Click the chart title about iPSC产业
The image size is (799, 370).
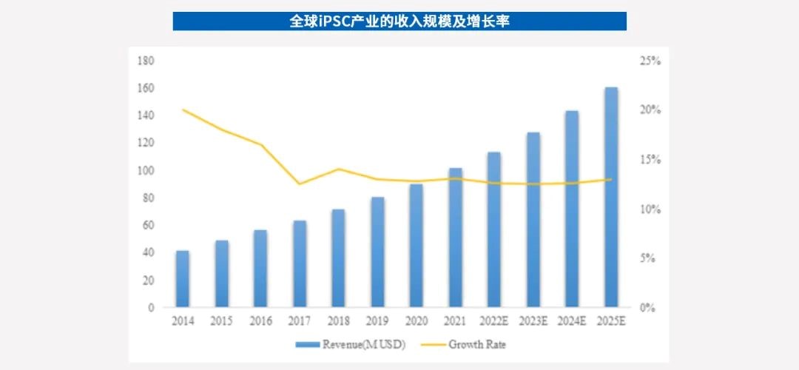tap(399, 21)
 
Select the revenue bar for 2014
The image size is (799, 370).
tap(182, 279)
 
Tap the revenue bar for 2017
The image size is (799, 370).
tap(299, 263)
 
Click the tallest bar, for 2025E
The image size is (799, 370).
tap(611, 197)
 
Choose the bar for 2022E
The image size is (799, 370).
tap(494, 229)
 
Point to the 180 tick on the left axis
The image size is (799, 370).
tap(145, 61)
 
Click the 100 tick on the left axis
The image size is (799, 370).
tap(145, 170)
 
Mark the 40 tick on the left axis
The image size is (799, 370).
tap(147, 252)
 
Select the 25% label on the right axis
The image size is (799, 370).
tap(650, 61)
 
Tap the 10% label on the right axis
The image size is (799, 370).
tap(650, 209)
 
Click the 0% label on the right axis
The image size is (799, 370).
tap(648, 308)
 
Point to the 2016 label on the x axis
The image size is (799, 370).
tap(260, 321)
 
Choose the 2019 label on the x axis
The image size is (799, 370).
tap(377, 321)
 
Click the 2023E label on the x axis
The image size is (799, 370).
tap(533, 321)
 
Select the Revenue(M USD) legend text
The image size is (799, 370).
tap(360, 344)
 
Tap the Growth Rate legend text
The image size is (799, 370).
tap(477, 344)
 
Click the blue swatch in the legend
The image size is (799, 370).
tap(306, 344)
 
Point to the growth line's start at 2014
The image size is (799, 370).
tap(182, 110)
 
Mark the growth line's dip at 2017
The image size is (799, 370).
tap(299, 184)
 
